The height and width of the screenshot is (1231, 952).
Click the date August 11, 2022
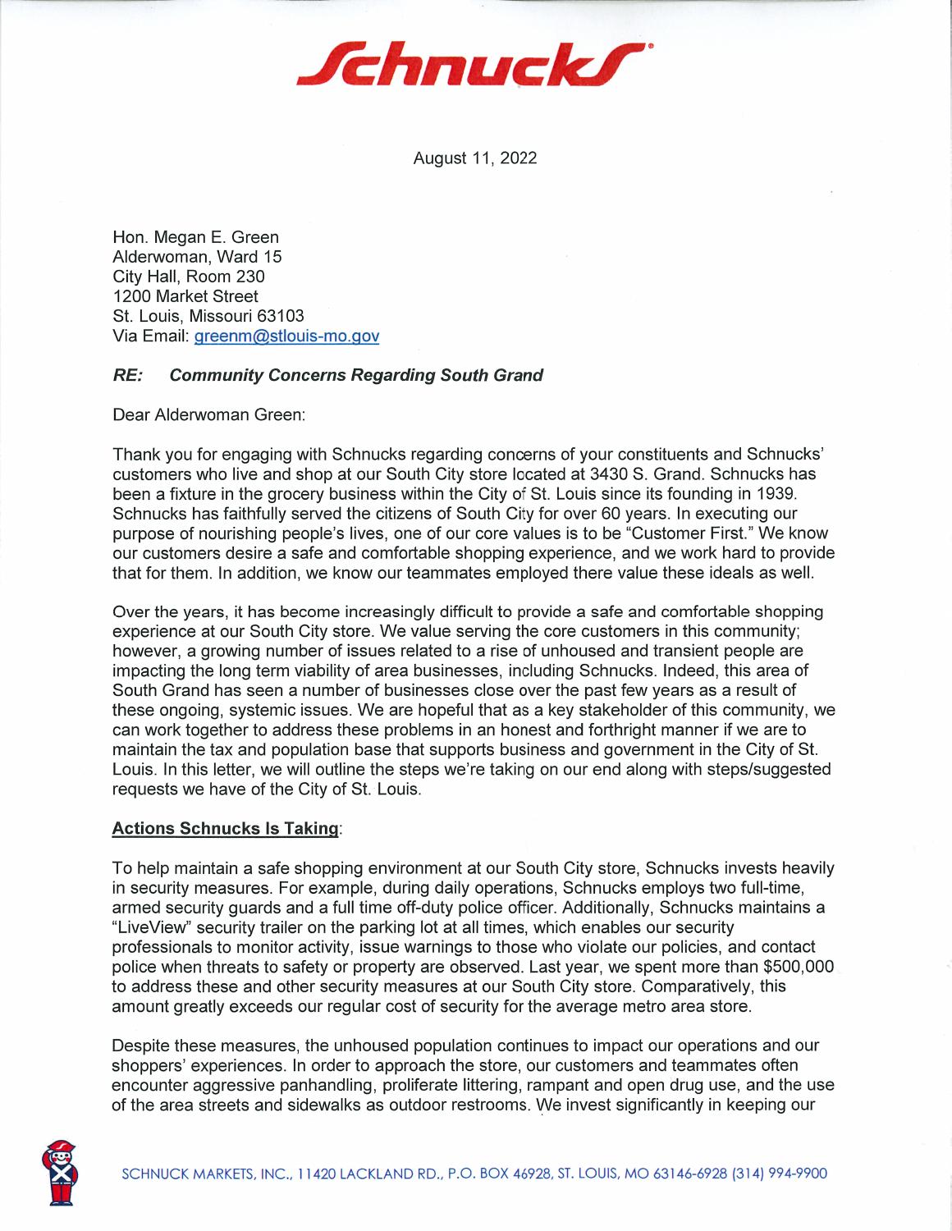coord(474,158)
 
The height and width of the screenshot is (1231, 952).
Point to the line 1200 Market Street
coord(185,296)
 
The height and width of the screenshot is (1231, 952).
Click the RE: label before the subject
coord(128,376)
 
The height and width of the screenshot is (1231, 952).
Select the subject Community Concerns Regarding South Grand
coord(355,376)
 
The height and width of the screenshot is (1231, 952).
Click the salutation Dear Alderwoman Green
coord(208,415)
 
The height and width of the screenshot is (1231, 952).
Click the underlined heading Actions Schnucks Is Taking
coord(225,829)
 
